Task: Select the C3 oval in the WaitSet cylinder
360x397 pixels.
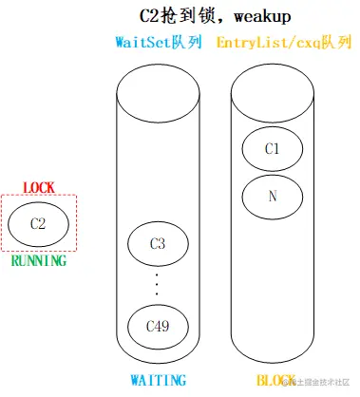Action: coord(159,245)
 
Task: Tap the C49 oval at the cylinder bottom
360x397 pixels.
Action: coord(159,326)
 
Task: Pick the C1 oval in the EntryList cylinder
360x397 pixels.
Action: coord(274,148)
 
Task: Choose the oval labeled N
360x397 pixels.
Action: coord(274,197)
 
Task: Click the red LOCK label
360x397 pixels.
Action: coord(38,188)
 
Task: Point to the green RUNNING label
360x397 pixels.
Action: coord(39,259)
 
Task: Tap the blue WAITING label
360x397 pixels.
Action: coord(158,380)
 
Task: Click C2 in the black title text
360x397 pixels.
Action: coord(149,16)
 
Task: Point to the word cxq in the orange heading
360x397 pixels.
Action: coord(306,43)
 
